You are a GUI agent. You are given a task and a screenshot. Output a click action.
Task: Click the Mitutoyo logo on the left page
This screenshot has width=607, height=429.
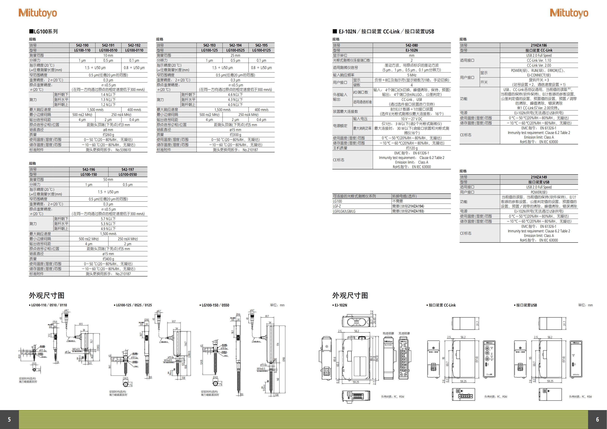pos(37,13)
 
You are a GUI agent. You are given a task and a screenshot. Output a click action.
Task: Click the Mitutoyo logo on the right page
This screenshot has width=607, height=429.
pos(569,13)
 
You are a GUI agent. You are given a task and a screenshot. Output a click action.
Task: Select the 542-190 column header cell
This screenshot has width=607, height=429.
pos(82,45)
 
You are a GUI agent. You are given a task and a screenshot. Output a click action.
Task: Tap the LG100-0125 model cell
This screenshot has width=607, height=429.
pos(261,50)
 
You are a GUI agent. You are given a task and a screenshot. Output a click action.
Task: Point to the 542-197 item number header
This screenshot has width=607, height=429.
pos(128,169)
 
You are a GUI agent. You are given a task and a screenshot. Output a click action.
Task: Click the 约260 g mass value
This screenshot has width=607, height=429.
pos(108,135)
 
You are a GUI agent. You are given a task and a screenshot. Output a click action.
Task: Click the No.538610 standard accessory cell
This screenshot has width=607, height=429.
pos(108,150)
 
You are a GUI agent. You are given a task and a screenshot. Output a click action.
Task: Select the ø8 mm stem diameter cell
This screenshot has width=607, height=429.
pos(108,130)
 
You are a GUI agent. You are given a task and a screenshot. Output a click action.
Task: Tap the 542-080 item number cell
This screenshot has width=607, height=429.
pos(412,45)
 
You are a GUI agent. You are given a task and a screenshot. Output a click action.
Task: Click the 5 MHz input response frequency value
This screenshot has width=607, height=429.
pos(412,75)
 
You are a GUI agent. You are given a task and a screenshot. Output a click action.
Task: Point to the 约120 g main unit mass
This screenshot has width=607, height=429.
pos(412,148)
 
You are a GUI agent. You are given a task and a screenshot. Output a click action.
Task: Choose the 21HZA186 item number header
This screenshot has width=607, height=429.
pos(539,45)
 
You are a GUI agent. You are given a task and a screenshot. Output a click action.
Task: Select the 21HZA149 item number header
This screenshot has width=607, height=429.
pos(539,177)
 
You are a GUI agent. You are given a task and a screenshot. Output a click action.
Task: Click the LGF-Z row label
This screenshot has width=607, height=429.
pos(337,206)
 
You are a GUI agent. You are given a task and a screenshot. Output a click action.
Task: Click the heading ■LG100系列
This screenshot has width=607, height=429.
pos(43,32)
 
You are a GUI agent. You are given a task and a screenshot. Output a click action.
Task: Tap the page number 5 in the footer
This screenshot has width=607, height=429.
pos(9,419)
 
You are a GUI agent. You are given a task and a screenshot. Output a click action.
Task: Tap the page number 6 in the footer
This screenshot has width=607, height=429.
pos(597,419)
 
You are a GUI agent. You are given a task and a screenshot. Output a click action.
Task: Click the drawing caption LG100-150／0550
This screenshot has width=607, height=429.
pos(215,305)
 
